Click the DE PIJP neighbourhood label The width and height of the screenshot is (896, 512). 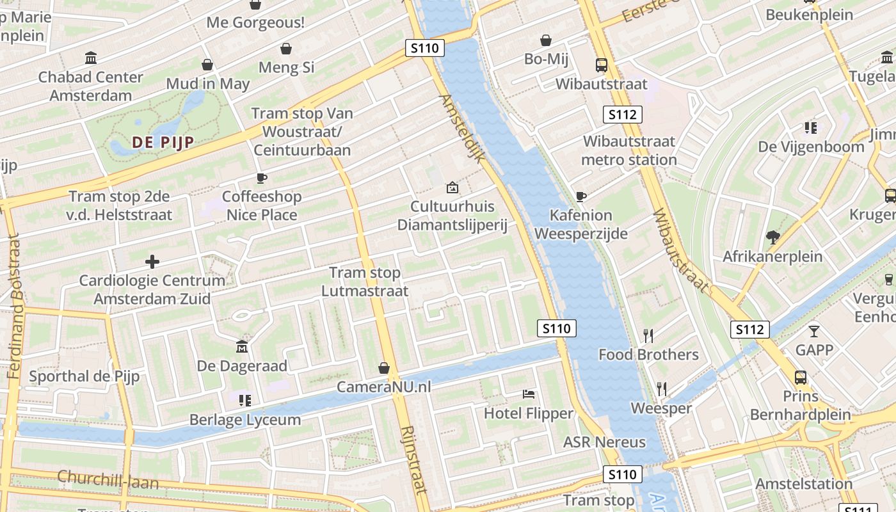coord(163,143)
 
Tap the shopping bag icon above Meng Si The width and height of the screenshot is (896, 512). coord(286,49)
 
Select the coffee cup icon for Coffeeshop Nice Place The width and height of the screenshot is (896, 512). coord(261,178)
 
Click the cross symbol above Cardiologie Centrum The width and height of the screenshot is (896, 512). coord(152,261)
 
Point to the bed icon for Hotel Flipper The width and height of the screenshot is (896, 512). coord(529,394)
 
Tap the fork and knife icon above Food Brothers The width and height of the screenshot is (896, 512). coord(648,335)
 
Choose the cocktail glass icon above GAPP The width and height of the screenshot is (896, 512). coord(814,331)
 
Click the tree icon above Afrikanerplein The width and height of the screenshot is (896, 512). coord(772,237)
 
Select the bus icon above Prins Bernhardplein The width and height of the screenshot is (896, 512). coord(801,377)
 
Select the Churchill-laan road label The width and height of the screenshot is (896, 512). coord(108,479)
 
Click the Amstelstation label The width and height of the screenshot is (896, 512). coord(804,484)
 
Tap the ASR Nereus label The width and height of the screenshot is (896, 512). coord(604,442)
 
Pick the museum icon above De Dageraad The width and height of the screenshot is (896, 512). coord(242,347)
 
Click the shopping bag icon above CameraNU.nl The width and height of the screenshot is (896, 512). coord(384,368)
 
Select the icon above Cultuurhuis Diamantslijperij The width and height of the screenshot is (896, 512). coord(452,188)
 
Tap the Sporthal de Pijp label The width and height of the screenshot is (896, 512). coord(84,376)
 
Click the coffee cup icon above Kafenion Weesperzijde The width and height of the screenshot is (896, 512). coord(581,196)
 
